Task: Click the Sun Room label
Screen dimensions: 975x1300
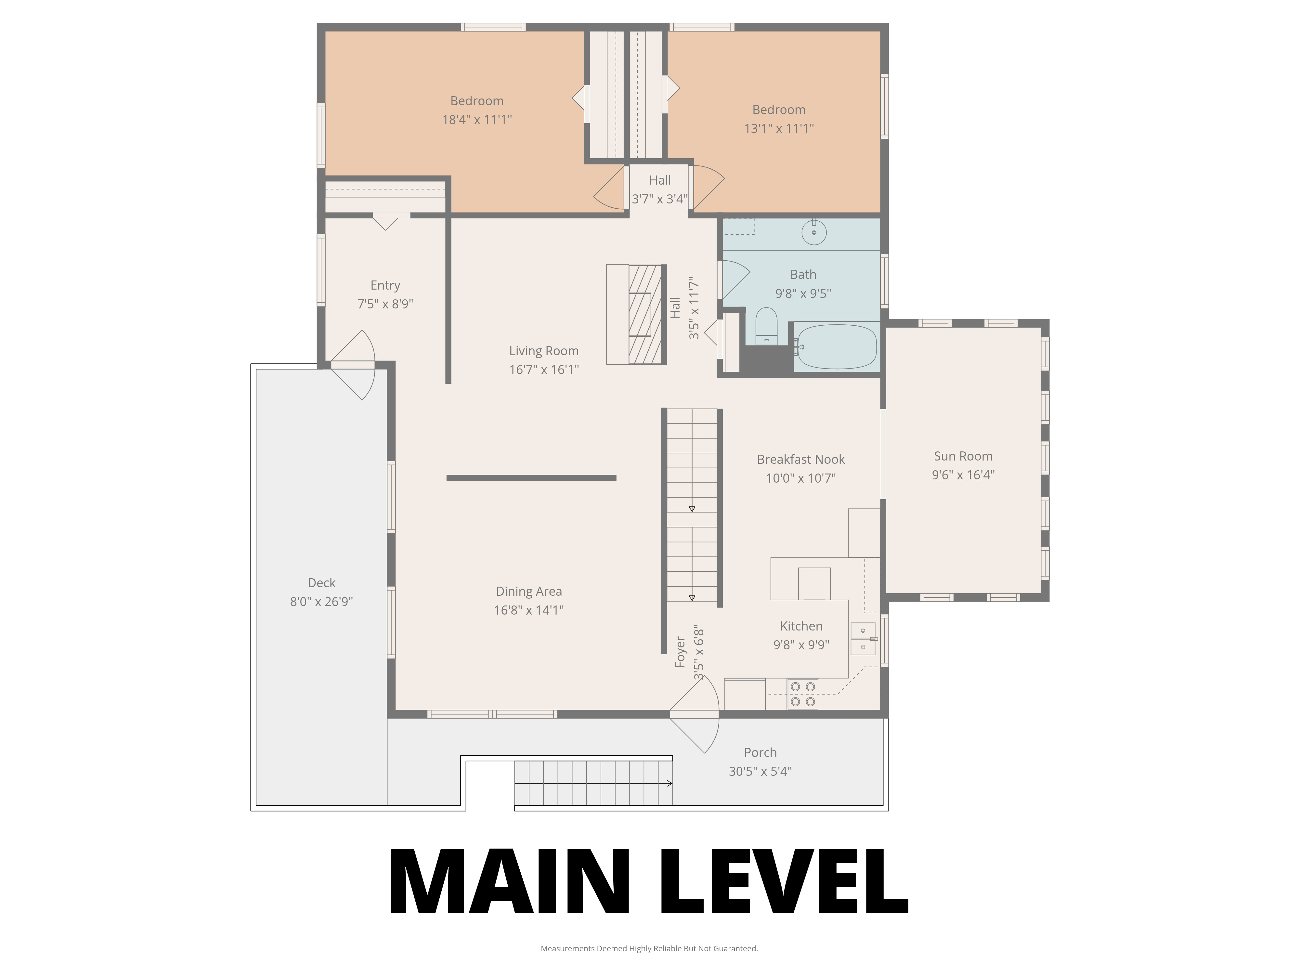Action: [963, 456]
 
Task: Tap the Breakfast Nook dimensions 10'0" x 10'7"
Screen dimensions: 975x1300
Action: [800, 478]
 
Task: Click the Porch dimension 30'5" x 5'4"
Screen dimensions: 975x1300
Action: [760, 771]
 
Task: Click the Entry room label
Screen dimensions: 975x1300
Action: [385, 285]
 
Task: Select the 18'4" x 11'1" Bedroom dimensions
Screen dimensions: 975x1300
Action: [477, 119]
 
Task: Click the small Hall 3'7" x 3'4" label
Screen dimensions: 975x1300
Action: [659, 189]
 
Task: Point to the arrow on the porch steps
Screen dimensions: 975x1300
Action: [669, 783]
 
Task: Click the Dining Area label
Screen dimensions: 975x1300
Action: [528, 591]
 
